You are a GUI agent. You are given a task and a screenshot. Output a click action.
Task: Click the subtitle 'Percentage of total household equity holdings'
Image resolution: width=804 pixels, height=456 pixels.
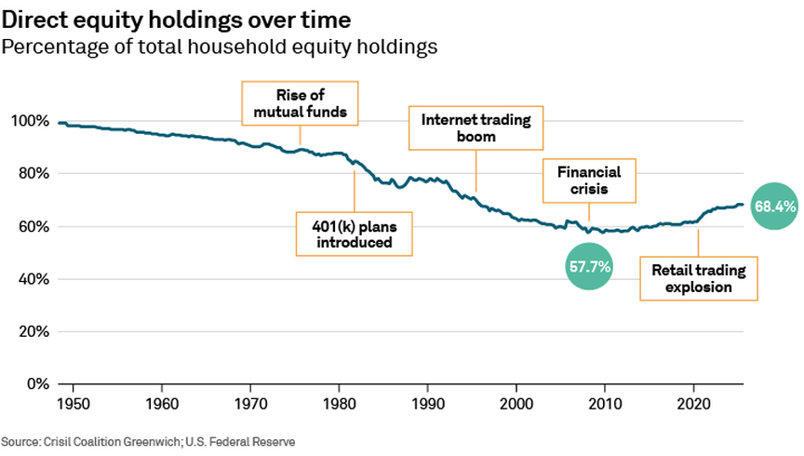coord(221,46)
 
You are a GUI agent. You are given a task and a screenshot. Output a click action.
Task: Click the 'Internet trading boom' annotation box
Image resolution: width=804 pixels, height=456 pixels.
coord(476,127)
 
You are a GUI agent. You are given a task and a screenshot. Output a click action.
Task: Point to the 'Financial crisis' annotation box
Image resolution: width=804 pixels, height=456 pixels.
coord(588,181)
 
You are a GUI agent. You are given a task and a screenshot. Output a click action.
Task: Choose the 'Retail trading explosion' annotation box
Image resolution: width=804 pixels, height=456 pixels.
coord(698,278)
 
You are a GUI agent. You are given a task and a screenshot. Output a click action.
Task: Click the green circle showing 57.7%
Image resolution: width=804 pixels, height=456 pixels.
coord(589,266)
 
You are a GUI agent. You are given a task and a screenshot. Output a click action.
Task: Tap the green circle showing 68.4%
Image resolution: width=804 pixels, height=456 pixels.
coord(774,208)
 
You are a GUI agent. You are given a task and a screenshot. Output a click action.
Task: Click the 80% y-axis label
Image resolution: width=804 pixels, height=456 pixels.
coord(31,174)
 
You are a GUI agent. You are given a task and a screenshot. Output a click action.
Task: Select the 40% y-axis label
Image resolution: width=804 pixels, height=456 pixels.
coord(31,279)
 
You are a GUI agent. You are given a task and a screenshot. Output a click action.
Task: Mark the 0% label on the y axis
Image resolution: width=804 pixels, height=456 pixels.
coord(35,384)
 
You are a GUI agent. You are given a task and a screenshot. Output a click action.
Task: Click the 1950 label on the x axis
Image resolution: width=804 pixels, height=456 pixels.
coord(74,403)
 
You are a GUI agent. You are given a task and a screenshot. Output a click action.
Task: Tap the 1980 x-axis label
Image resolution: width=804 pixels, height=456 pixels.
coord(340,403)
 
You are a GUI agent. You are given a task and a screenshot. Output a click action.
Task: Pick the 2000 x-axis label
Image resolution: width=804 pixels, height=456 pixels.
coord(516,403)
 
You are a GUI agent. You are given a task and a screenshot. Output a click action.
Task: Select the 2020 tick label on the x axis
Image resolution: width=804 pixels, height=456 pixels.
coord(693,403)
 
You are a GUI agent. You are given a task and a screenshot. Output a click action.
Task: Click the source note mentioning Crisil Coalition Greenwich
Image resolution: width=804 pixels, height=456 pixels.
coord(148,440)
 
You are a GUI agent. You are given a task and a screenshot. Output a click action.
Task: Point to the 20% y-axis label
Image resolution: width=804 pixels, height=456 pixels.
coord(31,331)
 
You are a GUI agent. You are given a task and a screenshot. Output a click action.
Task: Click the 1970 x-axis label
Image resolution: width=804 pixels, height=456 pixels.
coord(251,403)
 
